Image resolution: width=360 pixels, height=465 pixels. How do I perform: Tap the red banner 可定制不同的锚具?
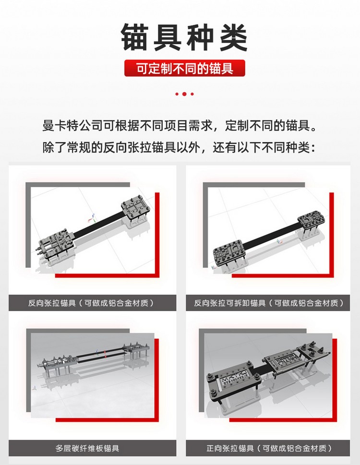click(x=185, y=69)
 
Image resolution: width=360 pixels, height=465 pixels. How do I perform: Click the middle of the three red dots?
click(x=185, y=94)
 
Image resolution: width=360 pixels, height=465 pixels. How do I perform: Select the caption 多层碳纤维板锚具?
click(x=87, y=449)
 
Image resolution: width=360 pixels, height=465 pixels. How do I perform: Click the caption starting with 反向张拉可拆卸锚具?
click(x=269, y=303)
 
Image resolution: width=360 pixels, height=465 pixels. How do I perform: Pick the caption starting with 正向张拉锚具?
click(x=269, y=449)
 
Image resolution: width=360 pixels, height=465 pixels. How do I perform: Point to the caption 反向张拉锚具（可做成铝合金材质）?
click(x=92, y=303)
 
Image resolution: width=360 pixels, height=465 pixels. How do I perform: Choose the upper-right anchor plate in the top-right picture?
click(x=313, y=219)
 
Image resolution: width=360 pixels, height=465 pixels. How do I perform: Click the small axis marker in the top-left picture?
click(x=86, y=217)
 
